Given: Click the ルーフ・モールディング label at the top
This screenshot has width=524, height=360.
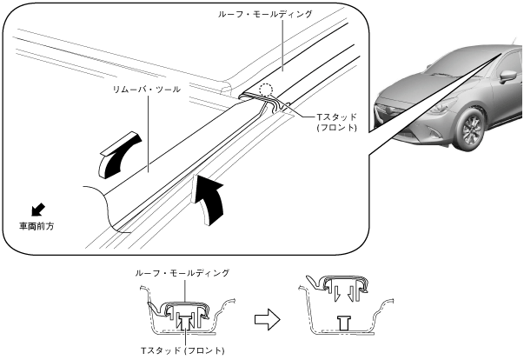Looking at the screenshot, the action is coord(265,15).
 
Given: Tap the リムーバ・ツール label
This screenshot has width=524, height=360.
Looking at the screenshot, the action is coord(147,90).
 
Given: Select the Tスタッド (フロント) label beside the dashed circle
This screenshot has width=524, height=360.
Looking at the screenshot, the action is coord(337,123).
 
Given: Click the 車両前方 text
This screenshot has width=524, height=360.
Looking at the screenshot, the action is coord(36,226).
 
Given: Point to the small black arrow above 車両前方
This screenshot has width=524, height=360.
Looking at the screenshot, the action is coord(38,210).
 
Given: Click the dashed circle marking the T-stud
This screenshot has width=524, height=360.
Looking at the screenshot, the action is coord(266,90).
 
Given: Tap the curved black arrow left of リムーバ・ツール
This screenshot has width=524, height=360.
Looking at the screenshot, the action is coord(120,155).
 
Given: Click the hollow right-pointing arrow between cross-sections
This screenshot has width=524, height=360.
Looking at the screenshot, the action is coord(267,319).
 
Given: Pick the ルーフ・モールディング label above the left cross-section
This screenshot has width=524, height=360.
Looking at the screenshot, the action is coord(182,273).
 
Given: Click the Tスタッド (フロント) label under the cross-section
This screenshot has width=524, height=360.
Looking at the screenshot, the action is coord(182,350).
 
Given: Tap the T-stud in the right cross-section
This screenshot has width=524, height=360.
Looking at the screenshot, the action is coord(344,323).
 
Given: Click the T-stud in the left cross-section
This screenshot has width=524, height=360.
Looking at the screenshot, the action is coord(184,323).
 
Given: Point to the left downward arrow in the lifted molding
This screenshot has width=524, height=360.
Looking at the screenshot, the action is coord(336,294).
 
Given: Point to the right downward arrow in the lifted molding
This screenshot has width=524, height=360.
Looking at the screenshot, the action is coord(350,294).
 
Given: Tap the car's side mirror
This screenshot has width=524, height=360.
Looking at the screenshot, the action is coord(508,76).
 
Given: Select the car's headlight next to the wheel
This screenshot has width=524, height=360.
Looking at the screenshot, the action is coord(441,105).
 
